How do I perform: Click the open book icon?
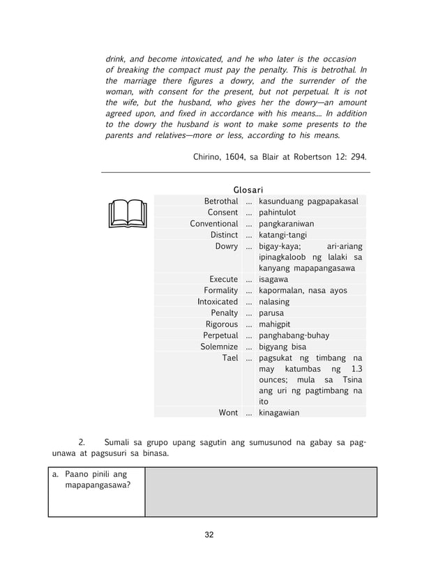point(127,213)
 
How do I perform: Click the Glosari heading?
point(248,190)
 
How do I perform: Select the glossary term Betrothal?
point(220,201)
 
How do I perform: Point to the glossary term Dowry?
point(227,246)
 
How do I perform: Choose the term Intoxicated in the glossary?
point(217,302)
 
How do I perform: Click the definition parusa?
point(273,313)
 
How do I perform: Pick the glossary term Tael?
point(229,358)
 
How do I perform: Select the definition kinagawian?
point(279,413)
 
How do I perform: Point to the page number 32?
point(209,535)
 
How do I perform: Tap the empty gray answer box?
point(261,492)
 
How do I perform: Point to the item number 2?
point(82,441)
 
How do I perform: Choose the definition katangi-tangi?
point(283,235)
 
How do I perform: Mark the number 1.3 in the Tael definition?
point(357,369)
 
